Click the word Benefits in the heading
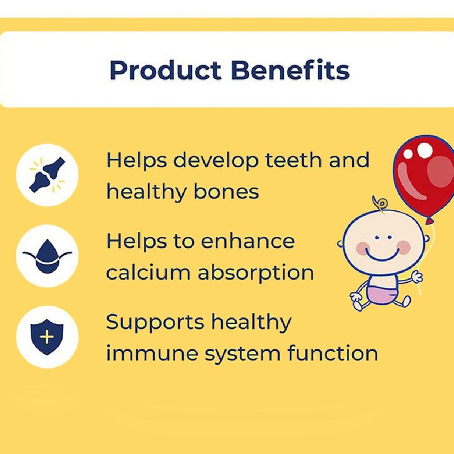(289, 71)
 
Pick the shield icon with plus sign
(47, 337)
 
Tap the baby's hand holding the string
(416, 276)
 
